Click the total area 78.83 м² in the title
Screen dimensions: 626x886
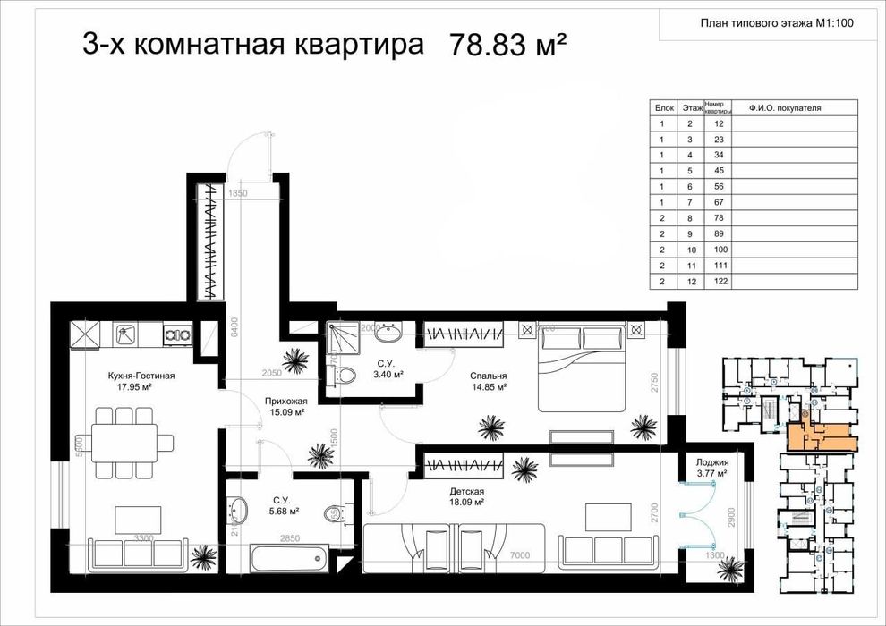tap(510, 45)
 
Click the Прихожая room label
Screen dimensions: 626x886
tap(286, 402)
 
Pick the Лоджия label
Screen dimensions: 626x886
tap(711, 462)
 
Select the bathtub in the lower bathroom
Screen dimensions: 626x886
tap(286, 562)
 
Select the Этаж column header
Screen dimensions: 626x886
tap(691, 108)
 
